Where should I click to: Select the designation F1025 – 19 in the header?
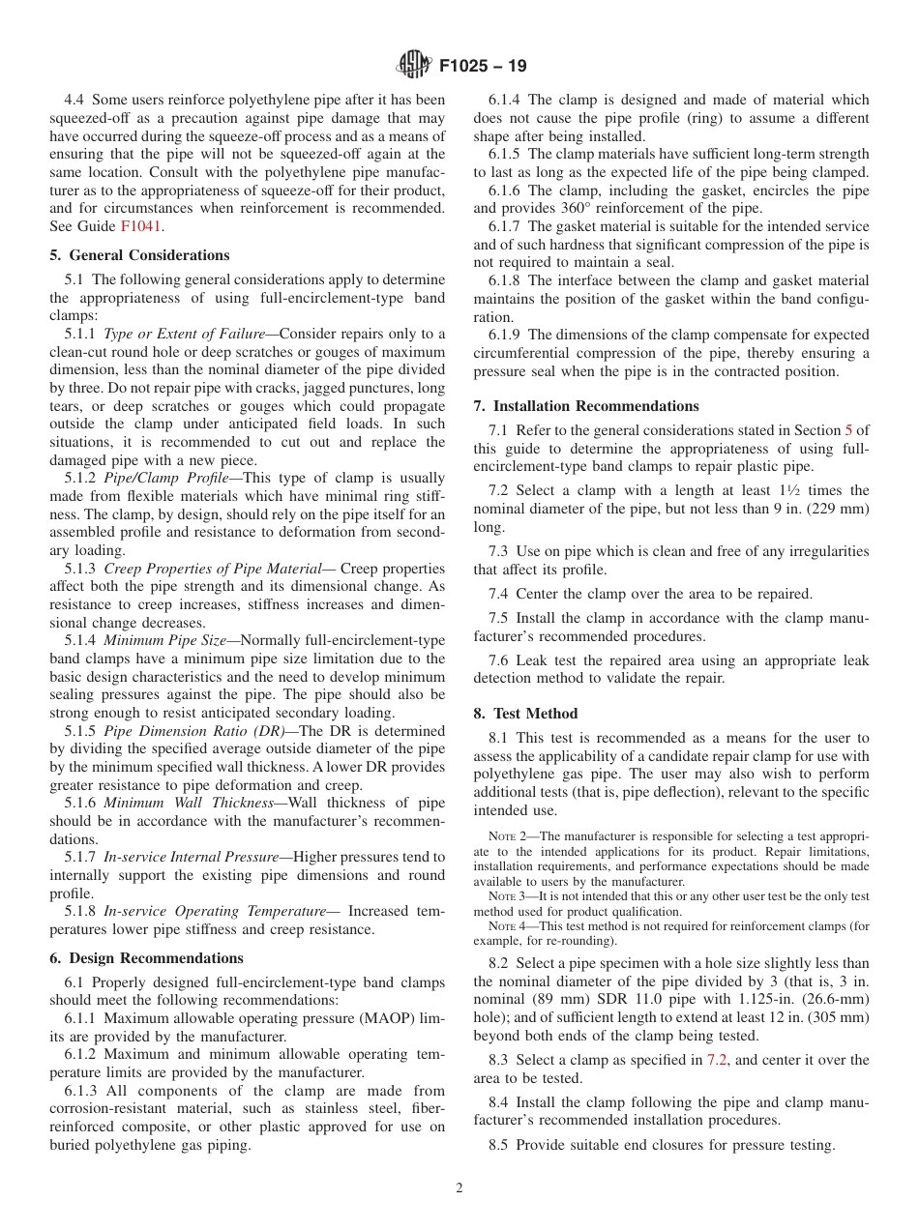[x=483, y=67]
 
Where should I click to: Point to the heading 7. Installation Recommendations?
[x=585, y=406]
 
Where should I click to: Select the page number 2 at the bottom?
[x=459, y=1188]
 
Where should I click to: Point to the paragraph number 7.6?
[x=498, y=660]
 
